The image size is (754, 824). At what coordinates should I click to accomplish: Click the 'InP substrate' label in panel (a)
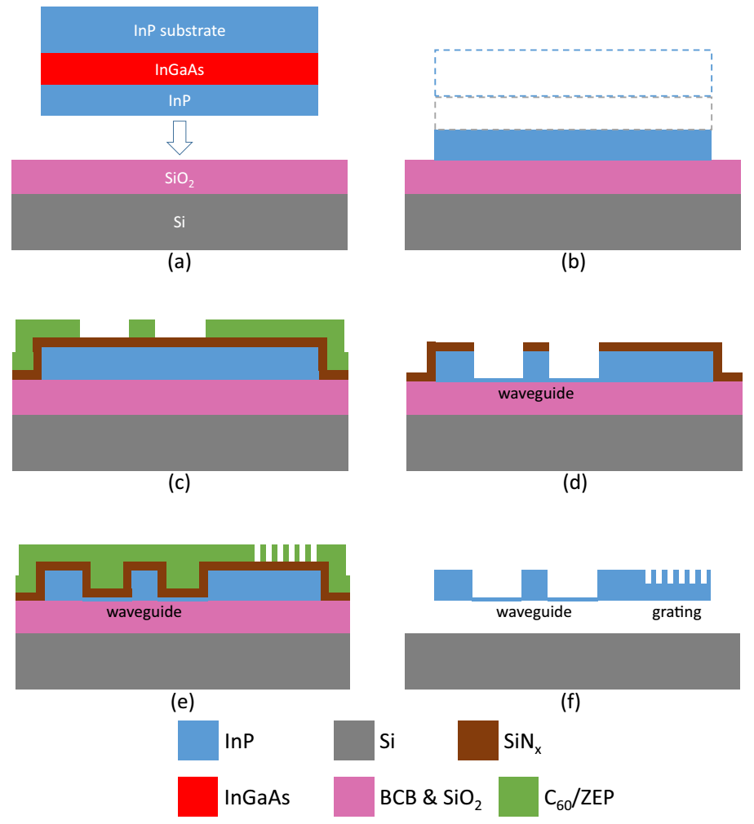tap(179, 31)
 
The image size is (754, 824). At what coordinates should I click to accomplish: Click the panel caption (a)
tap(179, 262)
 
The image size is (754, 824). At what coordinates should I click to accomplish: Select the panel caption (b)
tap(573, 262)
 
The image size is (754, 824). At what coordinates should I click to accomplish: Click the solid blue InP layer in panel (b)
tap(573, 144)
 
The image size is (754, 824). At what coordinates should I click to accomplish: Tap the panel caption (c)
tap(179, 483)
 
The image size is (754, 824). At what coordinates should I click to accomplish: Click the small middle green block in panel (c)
tap(142, 328)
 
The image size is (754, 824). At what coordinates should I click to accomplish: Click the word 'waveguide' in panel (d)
tap(535, 394)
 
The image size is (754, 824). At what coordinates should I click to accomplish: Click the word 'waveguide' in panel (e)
tap(144, 611)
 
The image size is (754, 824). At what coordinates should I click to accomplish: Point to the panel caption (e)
tap(181, 701)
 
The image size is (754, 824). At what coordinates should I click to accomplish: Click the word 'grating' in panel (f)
tap(676, 611)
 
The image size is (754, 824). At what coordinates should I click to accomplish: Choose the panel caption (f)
tap(573, 701)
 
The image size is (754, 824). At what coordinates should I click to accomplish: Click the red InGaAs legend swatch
tap(197, 798)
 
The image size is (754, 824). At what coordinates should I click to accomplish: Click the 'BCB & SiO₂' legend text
tap(431, 800)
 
